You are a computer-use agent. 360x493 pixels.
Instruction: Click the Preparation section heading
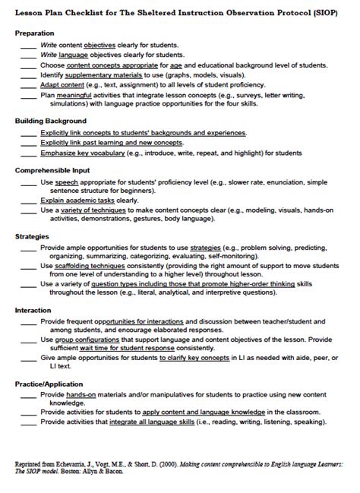click(x=34, y=33)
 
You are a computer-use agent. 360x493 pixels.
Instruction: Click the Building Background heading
click(x=51, y=121)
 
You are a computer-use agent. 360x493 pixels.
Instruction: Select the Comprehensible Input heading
click(x=52, y=170)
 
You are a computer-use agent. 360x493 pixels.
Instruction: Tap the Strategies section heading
click(x=33, y=236)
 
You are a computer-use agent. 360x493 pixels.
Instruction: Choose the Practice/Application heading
click(x=49, y=384)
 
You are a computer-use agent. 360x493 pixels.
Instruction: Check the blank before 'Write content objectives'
click(x=27, y=46)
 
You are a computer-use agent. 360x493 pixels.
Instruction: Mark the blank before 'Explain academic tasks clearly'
click(x=27, y=200)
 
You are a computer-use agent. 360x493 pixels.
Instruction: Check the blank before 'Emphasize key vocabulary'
click(x=27, y=152)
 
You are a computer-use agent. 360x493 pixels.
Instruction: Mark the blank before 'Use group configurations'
click(x=27, y=340)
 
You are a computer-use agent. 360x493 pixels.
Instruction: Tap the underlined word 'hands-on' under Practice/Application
click(x=84, y=396)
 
